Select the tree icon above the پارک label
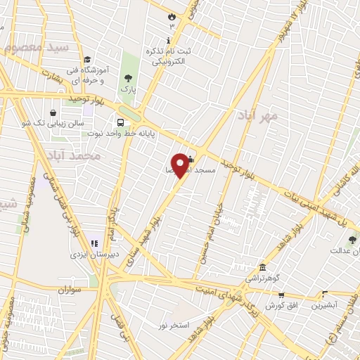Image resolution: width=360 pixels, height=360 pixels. pyautogui.click(x=127, y=78)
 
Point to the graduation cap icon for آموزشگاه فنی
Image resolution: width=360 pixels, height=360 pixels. pyautogui.click(x=86, y=60)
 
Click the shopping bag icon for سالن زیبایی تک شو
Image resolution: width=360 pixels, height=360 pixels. pyautogui.click(x=53, y=112)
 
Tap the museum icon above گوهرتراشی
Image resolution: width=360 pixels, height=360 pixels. pyautogui.click(x=262, y=267)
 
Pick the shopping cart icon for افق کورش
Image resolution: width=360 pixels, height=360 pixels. pyautogui.click(x=281, y=295)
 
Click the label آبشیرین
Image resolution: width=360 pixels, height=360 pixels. pyautogui.click(x=323, y=306)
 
